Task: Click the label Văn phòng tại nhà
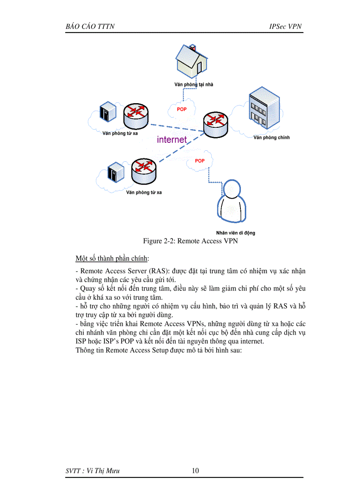193,85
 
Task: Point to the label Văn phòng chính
271,138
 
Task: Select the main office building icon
264,110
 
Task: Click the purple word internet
172,140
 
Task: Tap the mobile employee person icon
233,202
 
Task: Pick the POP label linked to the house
182,109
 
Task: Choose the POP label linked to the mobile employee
200,161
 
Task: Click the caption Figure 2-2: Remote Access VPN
191,241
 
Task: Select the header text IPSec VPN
285,26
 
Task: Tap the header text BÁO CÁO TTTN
90,26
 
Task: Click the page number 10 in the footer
195,471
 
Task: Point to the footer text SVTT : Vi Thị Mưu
92,471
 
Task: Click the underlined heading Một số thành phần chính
112,258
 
